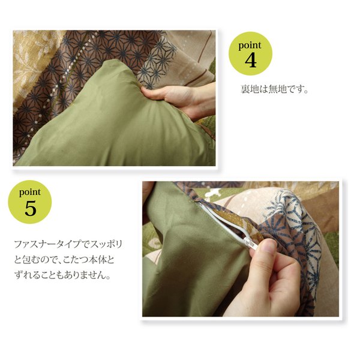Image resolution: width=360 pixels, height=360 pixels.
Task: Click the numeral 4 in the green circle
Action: click(x=250, y=61)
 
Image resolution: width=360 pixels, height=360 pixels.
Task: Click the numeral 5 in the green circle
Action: click(x=31, y=208)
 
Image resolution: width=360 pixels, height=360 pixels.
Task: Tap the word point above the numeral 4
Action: click(x=250, y=46)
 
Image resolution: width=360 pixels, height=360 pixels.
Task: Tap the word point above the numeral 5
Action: click(x=30, y=192)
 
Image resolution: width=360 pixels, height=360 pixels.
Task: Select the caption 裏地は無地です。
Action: click(x=274, y=89)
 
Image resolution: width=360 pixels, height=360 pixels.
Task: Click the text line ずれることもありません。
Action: click(x=62, y=275)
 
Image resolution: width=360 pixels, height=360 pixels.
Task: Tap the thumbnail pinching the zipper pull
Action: click(x=268, y=247)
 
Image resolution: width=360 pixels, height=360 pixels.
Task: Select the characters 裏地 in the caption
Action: click(x=250, y=89)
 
